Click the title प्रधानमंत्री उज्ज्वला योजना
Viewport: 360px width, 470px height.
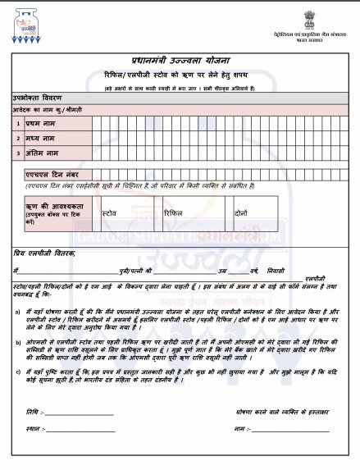pos(180,59)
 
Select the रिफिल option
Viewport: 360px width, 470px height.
pos(174,211)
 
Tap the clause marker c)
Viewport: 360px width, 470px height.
pos(18,372)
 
